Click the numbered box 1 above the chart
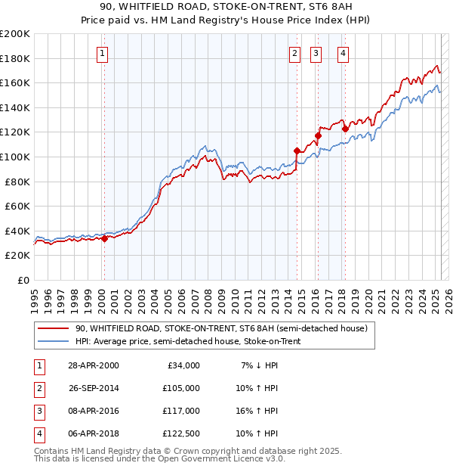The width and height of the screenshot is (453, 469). tap(102, 53)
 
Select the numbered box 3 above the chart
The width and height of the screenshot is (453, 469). tap(315, 53)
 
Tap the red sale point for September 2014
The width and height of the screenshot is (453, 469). tap(297, 151)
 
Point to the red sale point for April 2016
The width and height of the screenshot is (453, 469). tap(318, 136)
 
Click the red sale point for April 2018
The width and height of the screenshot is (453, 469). tap(344, 129)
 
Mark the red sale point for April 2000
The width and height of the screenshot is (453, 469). tap(105, 238)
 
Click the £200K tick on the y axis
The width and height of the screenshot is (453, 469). tap(14, 34)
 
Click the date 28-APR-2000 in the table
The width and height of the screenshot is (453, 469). tap(93, 365)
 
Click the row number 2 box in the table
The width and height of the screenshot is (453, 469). tap(38, 388)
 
